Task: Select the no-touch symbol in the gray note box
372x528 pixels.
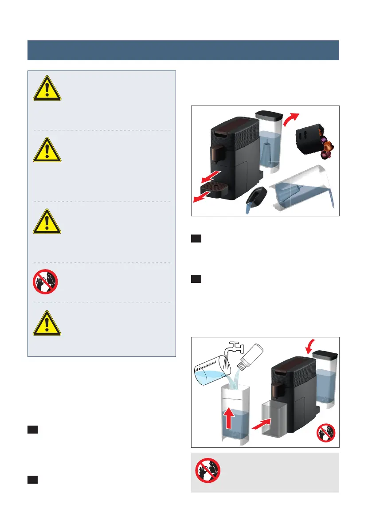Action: pyautogui.click(x=208, y=470)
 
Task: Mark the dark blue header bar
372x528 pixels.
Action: pyautogui.click(x=183, y=50)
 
